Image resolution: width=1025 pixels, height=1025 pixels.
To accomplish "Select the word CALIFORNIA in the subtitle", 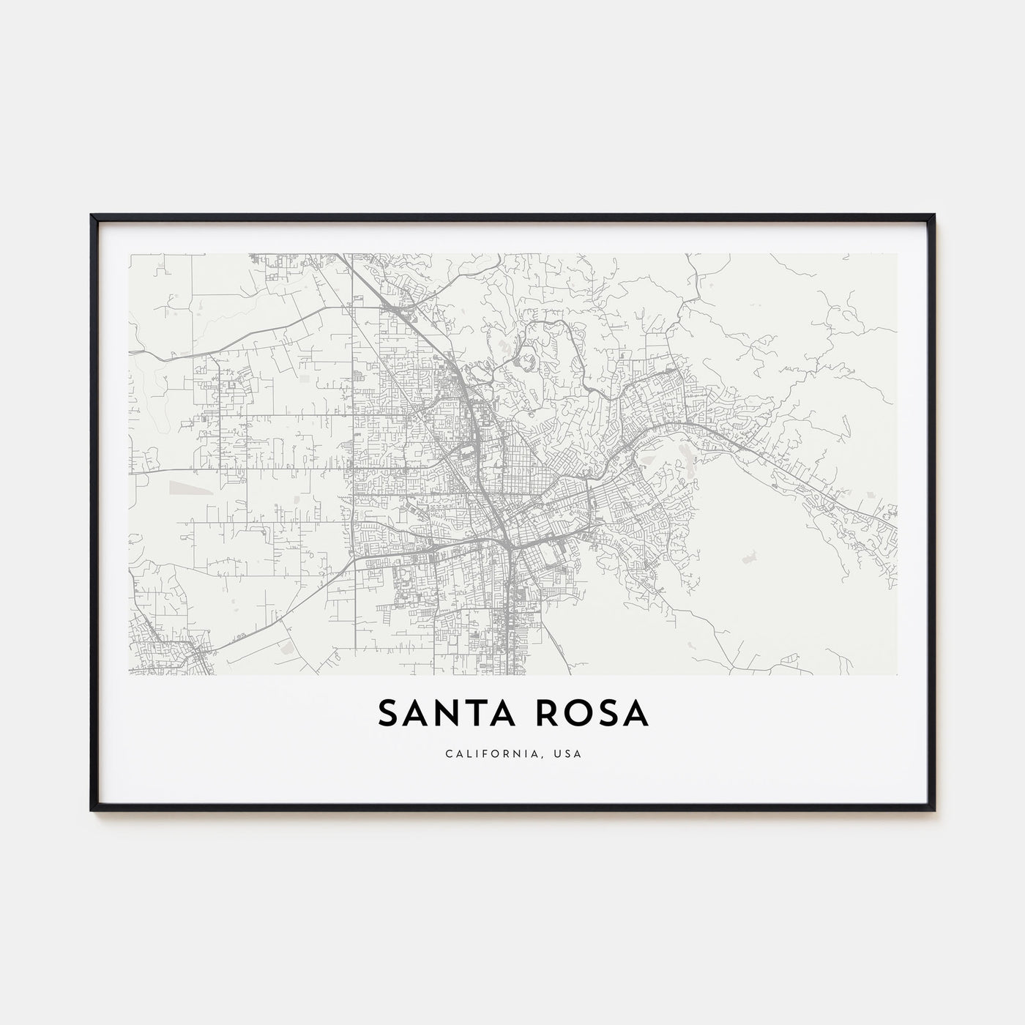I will (493, 753).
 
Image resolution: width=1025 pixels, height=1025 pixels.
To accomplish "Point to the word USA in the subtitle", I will (569, 753).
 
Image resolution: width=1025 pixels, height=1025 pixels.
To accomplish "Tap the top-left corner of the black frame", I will (92, 216).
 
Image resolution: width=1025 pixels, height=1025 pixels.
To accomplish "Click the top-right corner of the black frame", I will (934, 216).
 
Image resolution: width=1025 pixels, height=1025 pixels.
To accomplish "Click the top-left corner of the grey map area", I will (130, 254).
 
